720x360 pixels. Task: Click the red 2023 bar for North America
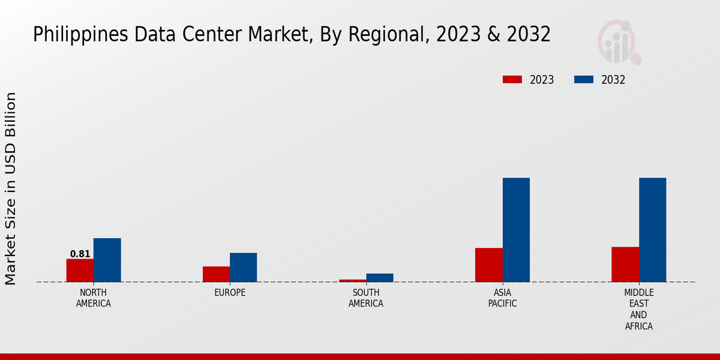[x=80, y=270]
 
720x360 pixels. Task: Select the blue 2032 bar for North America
[x=107, y=260]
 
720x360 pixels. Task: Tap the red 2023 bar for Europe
[x=216, y=274]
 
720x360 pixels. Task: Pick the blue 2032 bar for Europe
[x=243, y=267]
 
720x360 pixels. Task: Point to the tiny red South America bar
[x=352, y=280]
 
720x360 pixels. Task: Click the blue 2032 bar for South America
[x=380, y=278]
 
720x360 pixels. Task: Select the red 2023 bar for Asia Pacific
[x=488, y=265]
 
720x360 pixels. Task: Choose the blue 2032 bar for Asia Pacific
[x=516, y=230]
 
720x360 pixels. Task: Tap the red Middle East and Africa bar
[x=625, y=264]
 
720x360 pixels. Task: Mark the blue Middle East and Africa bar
[x=652, y=230]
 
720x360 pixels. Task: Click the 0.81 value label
[x=80, y=254]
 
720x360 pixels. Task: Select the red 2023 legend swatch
[x=512, y=80]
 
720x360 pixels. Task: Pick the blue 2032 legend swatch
[x=584, y=80]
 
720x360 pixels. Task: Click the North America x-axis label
[x=94, y=298]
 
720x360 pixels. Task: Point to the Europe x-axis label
[x=230, y=293]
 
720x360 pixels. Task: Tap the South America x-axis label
[x=366, y=298]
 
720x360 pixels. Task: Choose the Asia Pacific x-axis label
[x=502, y=298]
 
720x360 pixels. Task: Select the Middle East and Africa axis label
[x=638, y=310]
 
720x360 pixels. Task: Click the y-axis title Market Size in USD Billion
[x=11, y=188]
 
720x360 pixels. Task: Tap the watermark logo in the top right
[x=619, y=42]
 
